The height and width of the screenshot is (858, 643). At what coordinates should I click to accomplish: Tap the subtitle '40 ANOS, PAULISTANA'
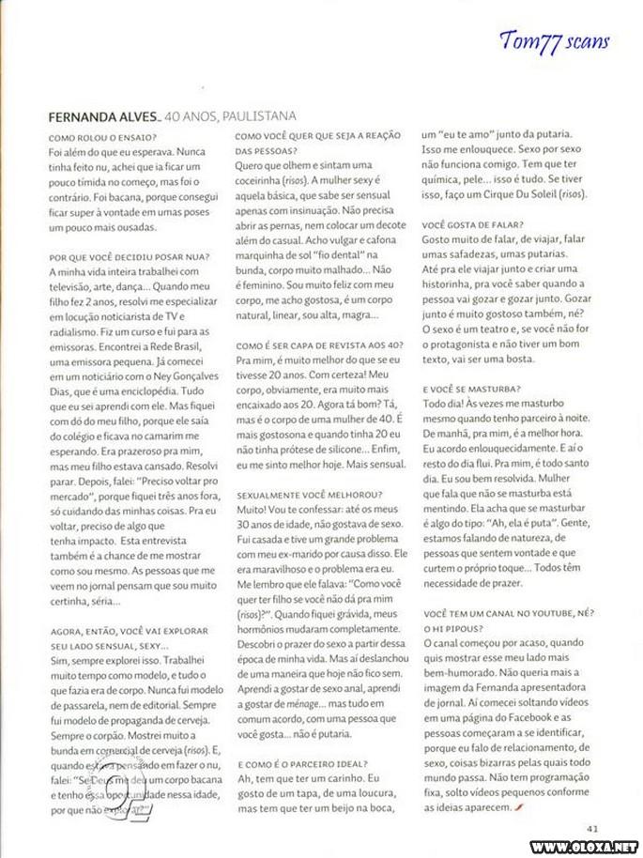(230, 116)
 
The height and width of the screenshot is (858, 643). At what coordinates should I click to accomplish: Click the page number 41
(592, 828)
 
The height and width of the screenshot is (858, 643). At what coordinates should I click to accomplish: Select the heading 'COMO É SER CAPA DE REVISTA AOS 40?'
(317, 346)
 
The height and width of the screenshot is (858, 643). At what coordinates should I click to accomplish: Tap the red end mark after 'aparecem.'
(518, 806)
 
